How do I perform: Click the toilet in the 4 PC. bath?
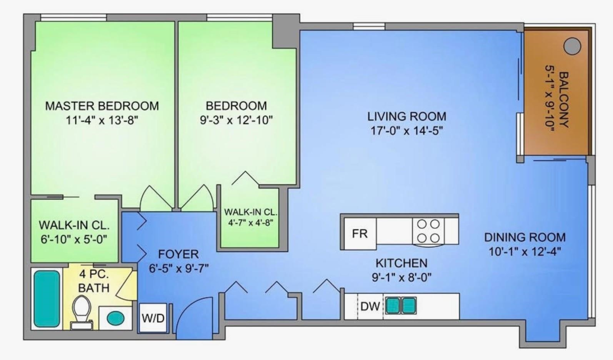[81, 313]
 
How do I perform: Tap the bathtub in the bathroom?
[47, 299]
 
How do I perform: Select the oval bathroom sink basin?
[115, 319]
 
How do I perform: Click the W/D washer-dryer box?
[153, 318]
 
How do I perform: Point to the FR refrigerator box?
[360, 234]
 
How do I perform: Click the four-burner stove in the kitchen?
[428, 231]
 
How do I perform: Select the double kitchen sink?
[401, 305]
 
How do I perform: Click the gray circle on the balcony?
[572, 46]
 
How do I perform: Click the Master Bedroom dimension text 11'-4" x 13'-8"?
[102, 120]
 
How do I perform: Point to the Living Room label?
[407, 116]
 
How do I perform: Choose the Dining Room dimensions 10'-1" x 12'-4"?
[525, 252]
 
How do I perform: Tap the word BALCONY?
[564, 100]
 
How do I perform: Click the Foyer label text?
[178, 254]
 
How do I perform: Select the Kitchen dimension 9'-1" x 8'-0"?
[402, 278]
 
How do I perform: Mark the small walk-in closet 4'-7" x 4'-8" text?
[251, 223]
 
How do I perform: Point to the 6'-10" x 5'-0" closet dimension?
[74, 239]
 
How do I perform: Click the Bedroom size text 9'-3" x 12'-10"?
[236, 120]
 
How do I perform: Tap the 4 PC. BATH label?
[94, 281]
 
